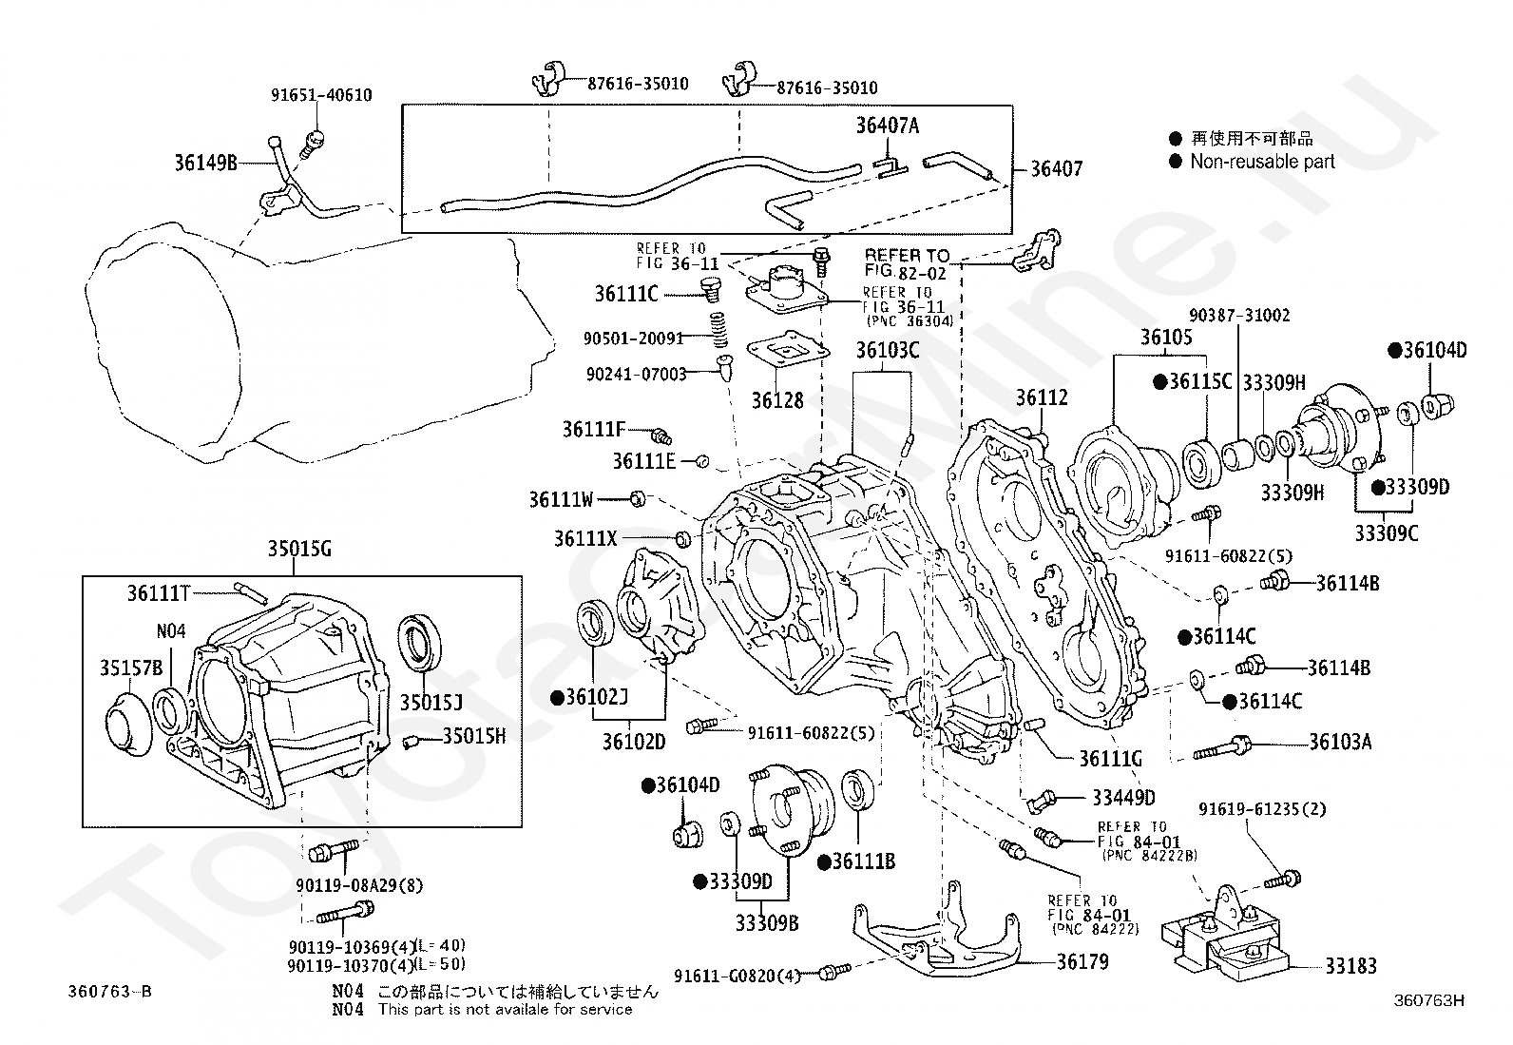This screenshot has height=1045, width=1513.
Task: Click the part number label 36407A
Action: [888, 126]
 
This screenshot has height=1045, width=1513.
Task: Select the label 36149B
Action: [205, 163]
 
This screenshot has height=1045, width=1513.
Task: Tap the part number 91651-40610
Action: [321, 95]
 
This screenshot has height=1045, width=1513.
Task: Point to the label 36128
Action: [777, 400]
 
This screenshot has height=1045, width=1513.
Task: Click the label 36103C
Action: [888, 351]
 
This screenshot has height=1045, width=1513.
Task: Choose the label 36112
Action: [1042, 398]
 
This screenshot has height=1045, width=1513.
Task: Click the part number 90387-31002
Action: [1239, 316]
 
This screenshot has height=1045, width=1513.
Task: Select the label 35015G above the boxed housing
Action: [298, 549]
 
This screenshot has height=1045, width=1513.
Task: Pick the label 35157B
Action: [131, 668]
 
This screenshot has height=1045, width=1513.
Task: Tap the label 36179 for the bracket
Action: [1082, 961]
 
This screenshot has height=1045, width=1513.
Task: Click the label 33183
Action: [1350, 966]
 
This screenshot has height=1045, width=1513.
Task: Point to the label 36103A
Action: [1340, 742]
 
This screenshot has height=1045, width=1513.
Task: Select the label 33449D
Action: [1123, 798]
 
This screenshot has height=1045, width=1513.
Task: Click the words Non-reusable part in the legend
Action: [1262, 162]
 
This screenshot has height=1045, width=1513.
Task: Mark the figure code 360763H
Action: [1428, 1000]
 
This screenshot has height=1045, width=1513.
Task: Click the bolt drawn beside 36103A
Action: [1218, 748]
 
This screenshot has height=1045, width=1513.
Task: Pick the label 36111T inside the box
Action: [159, 594]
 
